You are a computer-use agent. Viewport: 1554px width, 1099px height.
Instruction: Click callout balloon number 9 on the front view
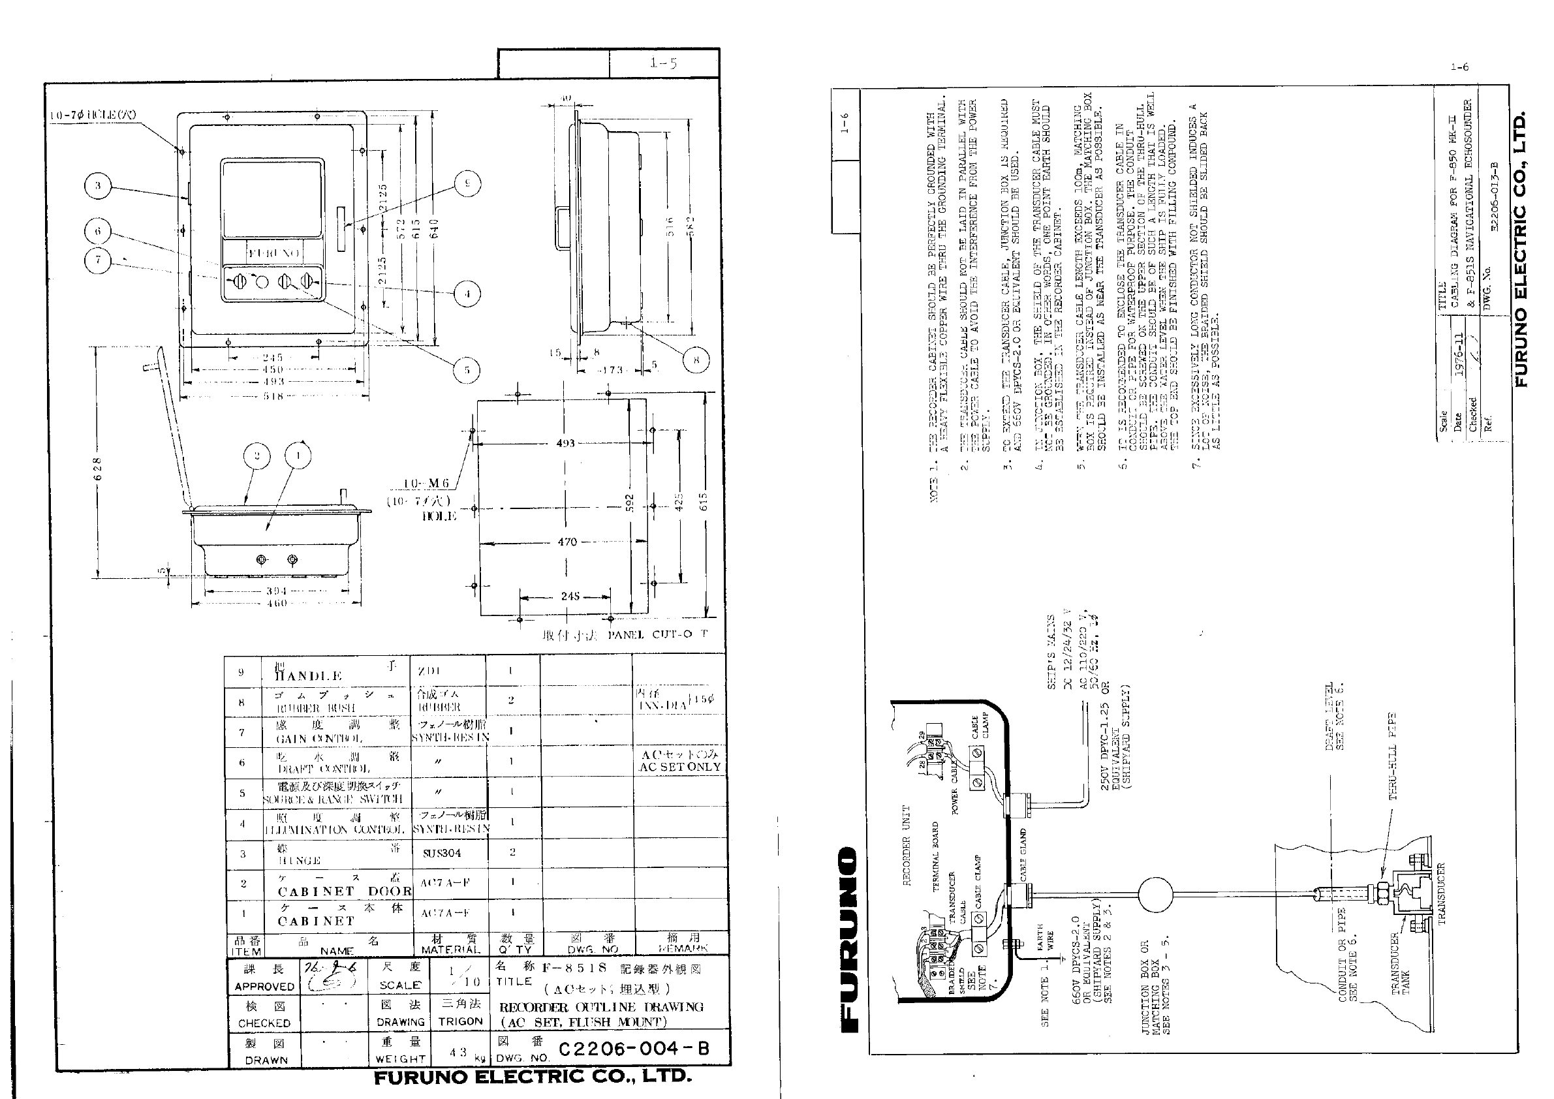click(x=467, y=183)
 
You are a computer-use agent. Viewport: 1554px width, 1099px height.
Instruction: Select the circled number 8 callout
click(x=696, y=360)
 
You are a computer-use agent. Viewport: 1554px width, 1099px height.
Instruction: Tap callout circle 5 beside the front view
click(x=467, y=369)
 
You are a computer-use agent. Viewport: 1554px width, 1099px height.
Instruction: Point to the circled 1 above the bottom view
click(x=298, y=456)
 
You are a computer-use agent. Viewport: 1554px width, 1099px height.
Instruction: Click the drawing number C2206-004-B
click(x=634, y=1048)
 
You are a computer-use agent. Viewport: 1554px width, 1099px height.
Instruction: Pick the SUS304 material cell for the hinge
click(x=442, y=854)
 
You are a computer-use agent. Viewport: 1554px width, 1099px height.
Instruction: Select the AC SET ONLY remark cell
click(x=680, y=762)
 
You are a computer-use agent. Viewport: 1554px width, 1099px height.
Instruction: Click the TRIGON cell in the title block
click(x=460, y=1021)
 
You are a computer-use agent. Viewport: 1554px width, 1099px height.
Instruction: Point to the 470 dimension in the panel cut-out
click(x=567, y=542)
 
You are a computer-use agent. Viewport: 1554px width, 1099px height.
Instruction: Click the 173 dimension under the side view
click(x=611, y=369)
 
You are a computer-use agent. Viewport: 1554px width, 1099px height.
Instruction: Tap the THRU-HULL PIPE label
click(x=1393, y=756)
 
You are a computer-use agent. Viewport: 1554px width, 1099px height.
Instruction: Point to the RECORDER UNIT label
click(x=907, y=845)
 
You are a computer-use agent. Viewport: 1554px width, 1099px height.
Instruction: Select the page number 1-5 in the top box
click(x=663, y=63)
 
